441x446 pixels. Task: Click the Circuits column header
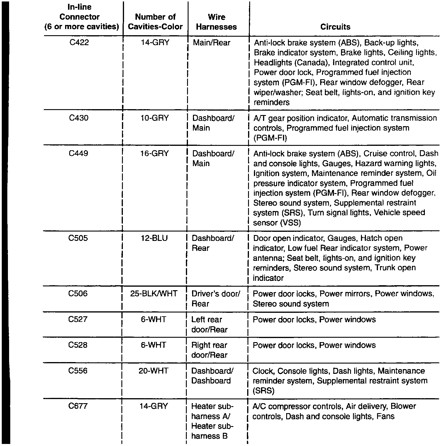tap(335, 27)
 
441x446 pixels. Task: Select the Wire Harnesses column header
tap(216, 22)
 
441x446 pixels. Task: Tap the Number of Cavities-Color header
tap(155, 22)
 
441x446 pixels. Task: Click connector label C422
tap(79, 43)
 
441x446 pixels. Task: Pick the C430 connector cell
tap(79, 118)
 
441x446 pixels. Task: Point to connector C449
tap(78, 153)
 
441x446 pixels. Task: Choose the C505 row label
tap(78, 238)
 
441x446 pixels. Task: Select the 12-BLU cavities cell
tap(154, 238)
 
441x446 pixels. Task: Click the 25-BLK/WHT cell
tap(154, 293)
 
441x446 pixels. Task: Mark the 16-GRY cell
tap(155, 153)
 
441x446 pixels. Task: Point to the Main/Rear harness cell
tap(211, 43)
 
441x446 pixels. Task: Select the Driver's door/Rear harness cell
tap(216, 298)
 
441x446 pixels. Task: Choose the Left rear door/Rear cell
tap(209, 324)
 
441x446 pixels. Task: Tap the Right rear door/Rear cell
tap(209, 350)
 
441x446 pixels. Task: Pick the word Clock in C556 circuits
tap(263, 371)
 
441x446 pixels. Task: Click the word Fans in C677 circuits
tap(386, 416)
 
